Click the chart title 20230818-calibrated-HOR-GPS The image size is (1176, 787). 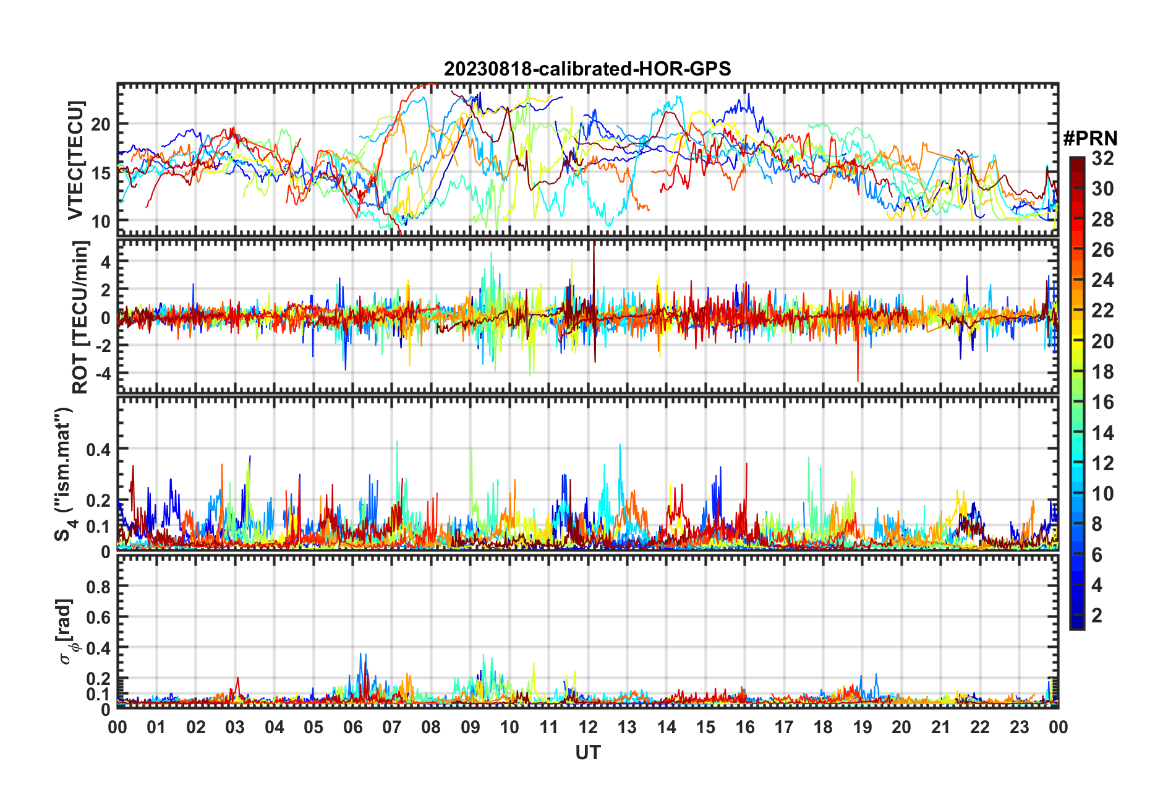point(587,69)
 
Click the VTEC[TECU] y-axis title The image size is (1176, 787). point(75,160)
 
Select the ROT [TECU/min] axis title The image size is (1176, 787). point(80,317)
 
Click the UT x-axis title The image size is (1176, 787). point(587,752)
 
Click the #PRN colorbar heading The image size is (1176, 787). point(1090,138)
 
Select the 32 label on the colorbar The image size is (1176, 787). point(1102,158)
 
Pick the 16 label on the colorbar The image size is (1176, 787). point(1102,402)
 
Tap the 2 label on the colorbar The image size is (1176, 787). point(1097,615)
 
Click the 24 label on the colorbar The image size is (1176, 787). point(1102,280)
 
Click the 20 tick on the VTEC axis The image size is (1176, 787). point(101,124)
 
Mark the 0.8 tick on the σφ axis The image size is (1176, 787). point(98,587)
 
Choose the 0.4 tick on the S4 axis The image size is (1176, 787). point(98,449)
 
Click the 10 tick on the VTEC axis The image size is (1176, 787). point(101,221)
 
